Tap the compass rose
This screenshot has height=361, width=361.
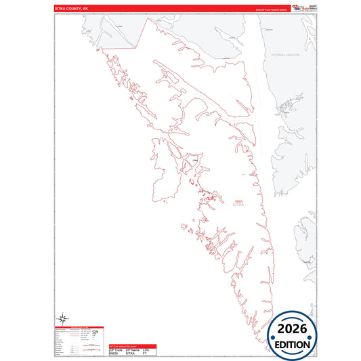tap(62, 318)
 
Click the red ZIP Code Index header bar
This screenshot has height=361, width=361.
tap(133, 345)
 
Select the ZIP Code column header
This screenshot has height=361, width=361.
tap(116, 349)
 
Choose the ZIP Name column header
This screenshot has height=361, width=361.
tap(132, 349)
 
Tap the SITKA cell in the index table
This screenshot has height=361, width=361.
tap(131, 354)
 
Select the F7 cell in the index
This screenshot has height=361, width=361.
tap(145, 354)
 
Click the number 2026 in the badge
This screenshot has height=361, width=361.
tap(297, 329)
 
